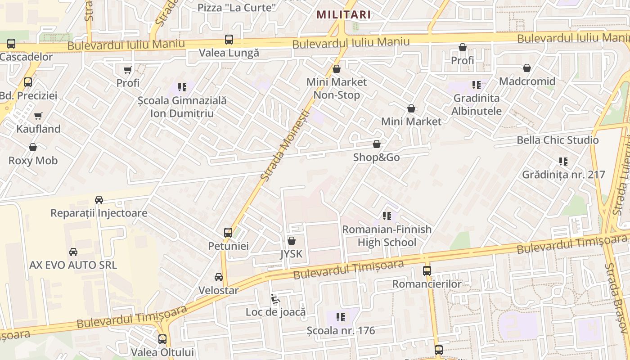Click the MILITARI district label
(343, 14)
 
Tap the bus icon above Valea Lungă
(229, 40)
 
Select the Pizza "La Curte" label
(237, 8)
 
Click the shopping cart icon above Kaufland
(38, 116)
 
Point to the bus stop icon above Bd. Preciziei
(28, 82)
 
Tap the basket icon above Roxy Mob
(33, 147)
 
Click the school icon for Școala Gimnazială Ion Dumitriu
(182, 87)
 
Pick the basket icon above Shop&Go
(377, 144)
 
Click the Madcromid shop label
(527, 81)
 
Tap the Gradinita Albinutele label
(477, 104)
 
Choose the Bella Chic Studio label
(558, 140)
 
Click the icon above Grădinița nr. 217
(563, 161)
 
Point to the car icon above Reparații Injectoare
(99, 200)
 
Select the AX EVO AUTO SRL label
(73, 265)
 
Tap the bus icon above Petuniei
(228, 233)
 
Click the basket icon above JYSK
(292, 241)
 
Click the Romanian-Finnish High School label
(387, 236)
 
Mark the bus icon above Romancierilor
(427, 271)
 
